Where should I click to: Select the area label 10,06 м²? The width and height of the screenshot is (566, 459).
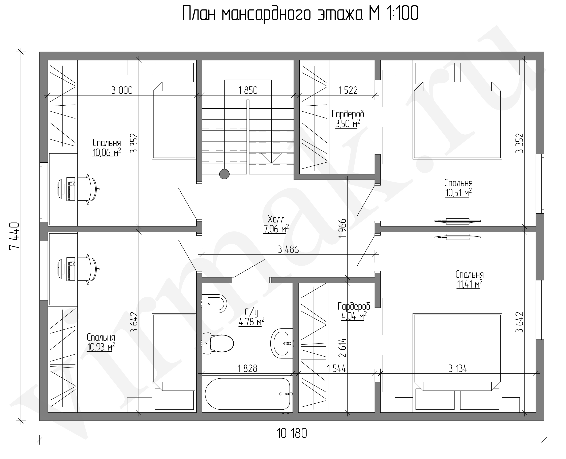(x=107, y=152)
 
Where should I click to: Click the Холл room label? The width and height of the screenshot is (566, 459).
(x=276, y=219)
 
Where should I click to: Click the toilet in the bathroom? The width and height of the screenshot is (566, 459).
(x=217, y=343)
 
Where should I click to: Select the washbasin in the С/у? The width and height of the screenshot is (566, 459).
(x=282, y=343)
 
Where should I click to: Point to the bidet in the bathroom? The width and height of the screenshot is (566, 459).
(x=214, y=303)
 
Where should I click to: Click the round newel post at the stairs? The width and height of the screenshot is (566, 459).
(x=224, y=174)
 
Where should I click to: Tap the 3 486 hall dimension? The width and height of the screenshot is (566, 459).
(x=288, y=249)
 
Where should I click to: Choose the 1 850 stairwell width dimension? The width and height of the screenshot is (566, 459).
(x=248, y=90)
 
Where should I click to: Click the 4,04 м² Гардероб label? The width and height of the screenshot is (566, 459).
(x=354, y=316)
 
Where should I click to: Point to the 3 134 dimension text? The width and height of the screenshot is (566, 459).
(x=458, y=368)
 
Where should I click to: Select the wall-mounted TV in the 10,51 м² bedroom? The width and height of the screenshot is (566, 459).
(x=458, y=221)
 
